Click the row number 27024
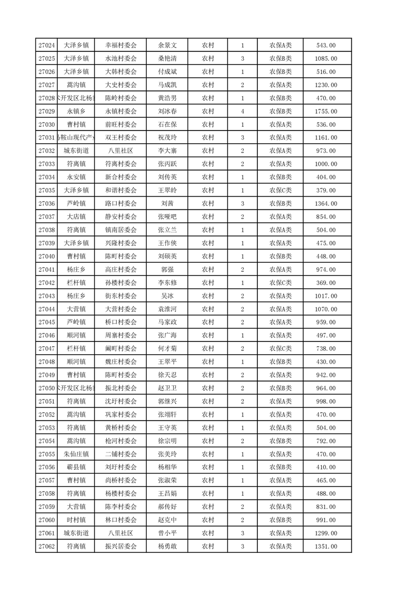[x=46, y=45]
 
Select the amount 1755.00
[x=325, y=112]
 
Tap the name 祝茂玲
[x=167, y=138]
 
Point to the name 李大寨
[x=167, y=151]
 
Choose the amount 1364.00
[x=325, y=203]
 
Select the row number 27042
[x=46, y=283]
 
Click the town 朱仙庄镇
[x=77, y=454]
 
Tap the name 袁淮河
[x=167, y=309]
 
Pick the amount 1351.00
[x=325, y=546]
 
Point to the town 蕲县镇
[x=77, y=467]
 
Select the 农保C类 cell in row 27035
[x=280, y=190]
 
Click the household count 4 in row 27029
[x=243, y=112]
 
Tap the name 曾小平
[x=167, y=533]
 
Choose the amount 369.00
[x=325, y=283]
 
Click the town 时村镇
[x=77, y=520]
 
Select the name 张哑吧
[x=167, y=217]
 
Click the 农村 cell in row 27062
[x=208, y=546]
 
